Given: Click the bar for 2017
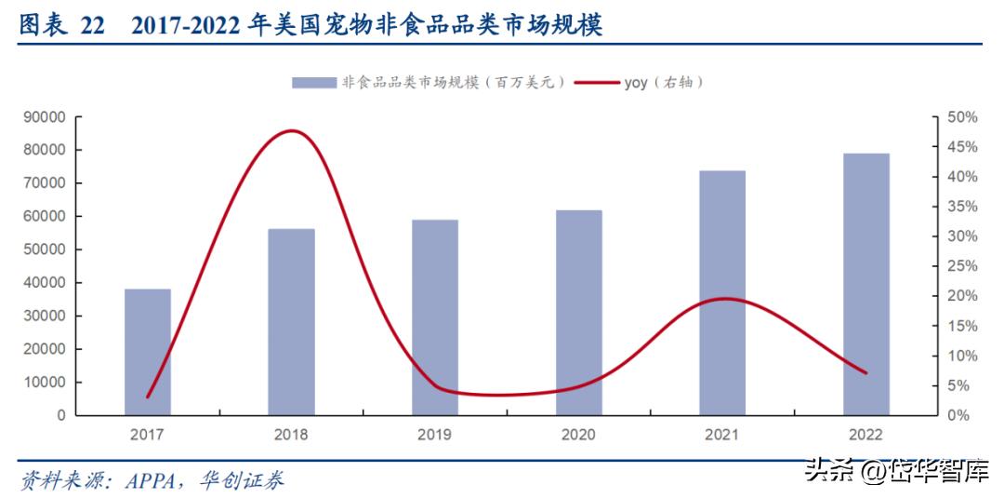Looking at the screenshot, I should pyautogui.click(x=148, y=352).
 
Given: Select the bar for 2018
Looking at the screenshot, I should pyautogui.click(x=291, y=321).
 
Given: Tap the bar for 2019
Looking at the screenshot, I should pyautogui.click(x=435, y=317).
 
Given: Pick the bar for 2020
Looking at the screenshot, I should pyautogui.click(x=579, y=313).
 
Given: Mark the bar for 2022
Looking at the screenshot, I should pyautogui.click(x=866, y=284).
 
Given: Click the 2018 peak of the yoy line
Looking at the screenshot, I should pyautogui.click(x=292, y=130).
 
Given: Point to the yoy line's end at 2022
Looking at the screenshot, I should pyautogui.click(x=866, y=373).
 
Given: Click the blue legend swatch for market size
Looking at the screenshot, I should pyautogui.click(x=313, y=83).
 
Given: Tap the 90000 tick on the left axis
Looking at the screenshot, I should pyautogui.click(x=45, y=117).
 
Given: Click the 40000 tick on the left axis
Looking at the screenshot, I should pyautogui.click(x=45, y=283).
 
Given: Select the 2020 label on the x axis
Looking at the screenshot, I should pyautogui.click(x=579, y=435).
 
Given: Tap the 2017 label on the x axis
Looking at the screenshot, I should pyautogui.click(x=148, y=435).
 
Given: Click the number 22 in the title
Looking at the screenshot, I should pyautogui.click(x=93, y=25).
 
